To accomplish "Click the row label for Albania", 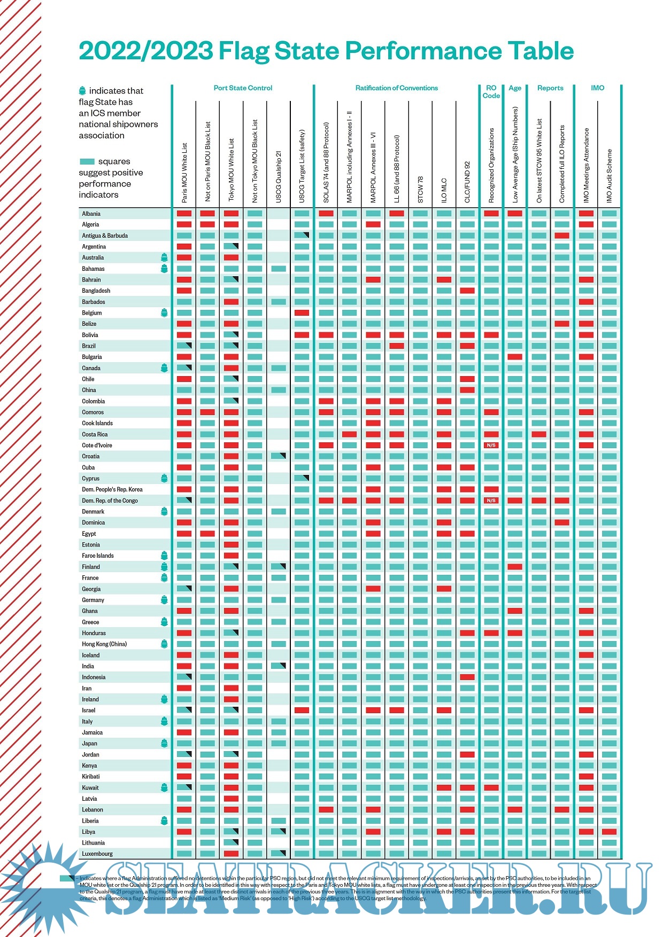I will point(91,214).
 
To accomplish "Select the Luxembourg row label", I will point(97,854).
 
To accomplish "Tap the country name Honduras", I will point(94,633).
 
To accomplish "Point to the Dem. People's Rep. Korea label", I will point(112,489).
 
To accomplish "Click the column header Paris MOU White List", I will point(184,172).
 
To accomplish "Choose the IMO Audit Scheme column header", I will point(610,176).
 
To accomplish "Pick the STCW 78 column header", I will point(420,190).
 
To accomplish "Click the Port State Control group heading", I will point(243,88).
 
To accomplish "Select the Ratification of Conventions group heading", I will point(397,88).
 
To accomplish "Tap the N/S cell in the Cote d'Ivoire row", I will point(491,445).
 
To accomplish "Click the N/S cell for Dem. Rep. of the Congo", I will point(491,501).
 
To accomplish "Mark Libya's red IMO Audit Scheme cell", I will point(610,832).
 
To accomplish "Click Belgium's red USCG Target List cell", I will point(302,313).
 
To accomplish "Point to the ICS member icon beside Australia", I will point(164,257).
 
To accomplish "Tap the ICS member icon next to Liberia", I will point(164,821).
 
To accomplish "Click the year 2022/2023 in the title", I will point(146,51).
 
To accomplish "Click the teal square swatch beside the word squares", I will point(87,161).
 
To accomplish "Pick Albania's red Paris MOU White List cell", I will point(184,214).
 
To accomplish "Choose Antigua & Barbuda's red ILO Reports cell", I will point(561,236).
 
